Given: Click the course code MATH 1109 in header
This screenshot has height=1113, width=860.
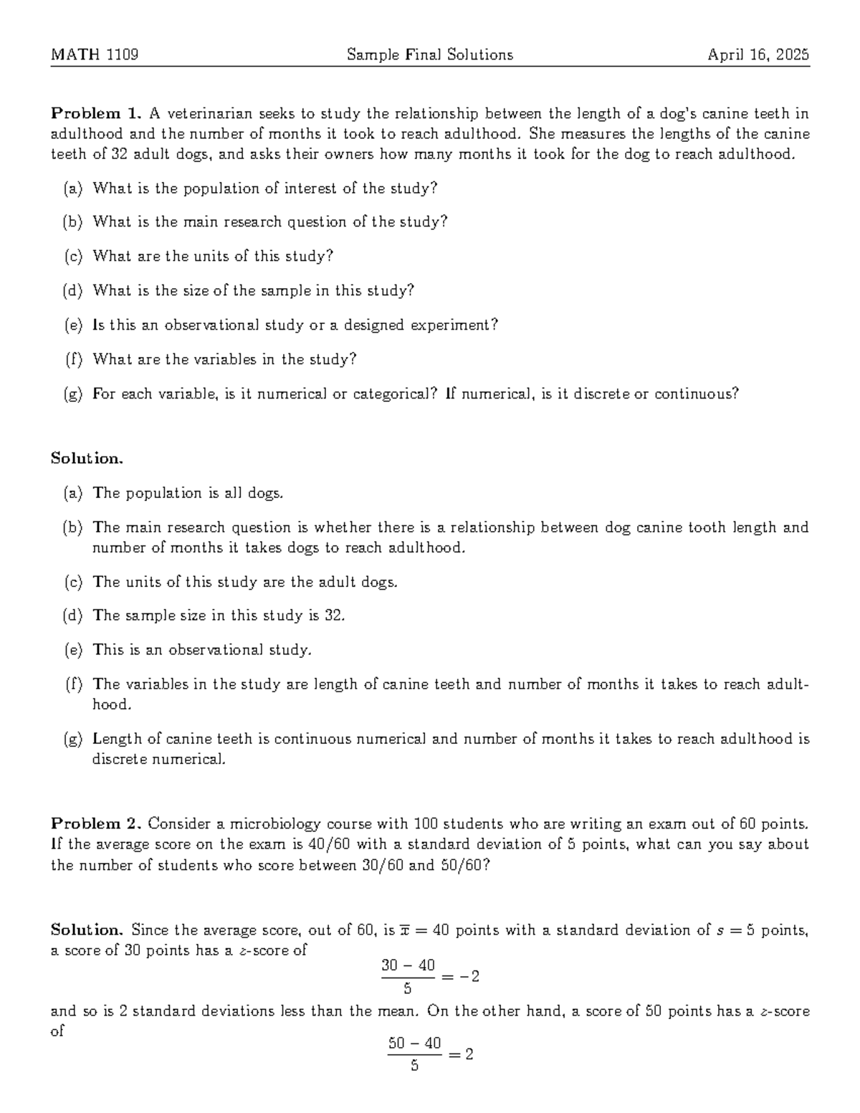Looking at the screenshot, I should coord(95,54).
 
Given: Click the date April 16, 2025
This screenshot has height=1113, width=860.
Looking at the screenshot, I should coord(758,54).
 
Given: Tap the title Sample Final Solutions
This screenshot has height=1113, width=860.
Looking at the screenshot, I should coord(429,54).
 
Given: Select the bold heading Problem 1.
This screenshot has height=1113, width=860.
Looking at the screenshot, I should coord(96,113).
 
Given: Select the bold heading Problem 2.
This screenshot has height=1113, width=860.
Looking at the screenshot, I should coord(96,823).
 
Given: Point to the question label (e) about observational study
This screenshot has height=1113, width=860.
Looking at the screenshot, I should coord(73,325).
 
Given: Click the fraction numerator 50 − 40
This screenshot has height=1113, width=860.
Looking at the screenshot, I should coord(414,1043).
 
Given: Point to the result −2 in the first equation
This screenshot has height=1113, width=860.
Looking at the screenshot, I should coord(469,976).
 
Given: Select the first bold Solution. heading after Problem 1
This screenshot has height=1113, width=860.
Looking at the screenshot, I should coord(87,459).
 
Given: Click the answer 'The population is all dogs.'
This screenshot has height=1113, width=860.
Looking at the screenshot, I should coord(188,493).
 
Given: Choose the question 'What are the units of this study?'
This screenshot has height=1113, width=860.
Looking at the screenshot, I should coord(214,257).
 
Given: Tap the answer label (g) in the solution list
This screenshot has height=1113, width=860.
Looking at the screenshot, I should coord(73,739).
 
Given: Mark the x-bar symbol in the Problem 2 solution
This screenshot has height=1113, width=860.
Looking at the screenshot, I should coord(405,930).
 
